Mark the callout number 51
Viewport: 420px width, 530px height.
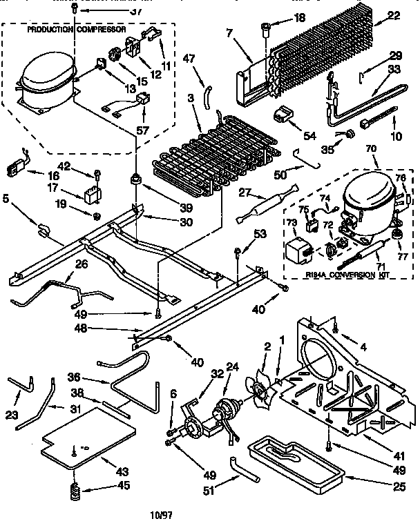[x=207, y=491]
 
